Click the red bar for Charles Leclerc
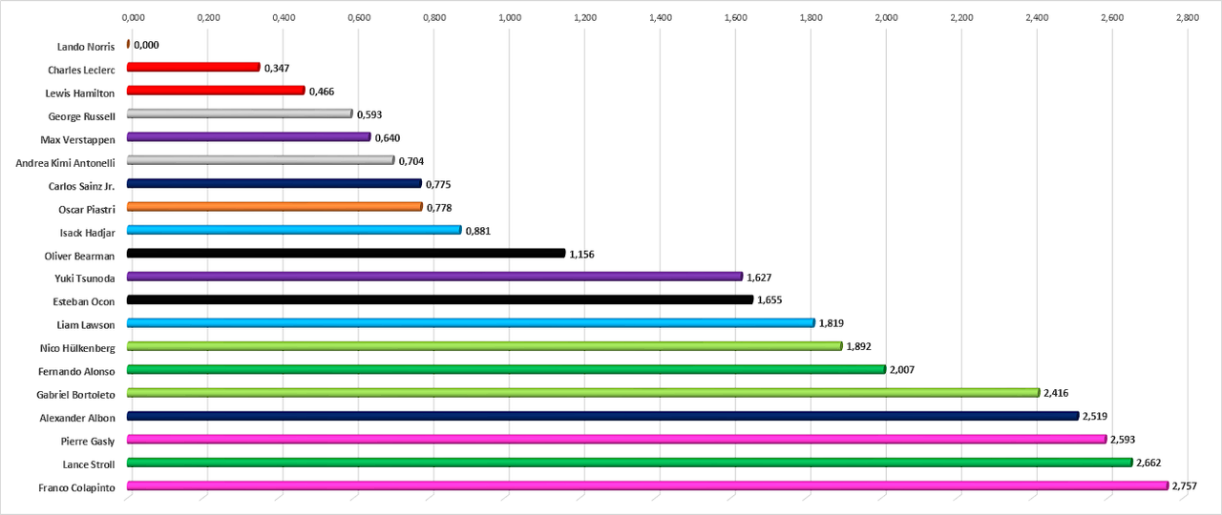point(193,67)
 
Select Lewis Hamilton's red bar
point(216,91)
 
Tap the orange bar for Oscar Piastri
point(274,206)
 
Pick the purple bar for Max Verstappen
point(248,137)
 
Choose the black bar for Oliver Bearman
point(346,253)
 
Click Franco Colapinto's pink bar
point(647,485)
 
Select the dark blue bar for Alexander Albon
point(602,416)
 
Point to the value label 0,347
point(277,68)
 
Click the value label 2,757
point(1185,486)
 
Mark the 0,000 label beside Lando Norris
point(146,45)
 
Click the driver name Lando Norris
point(86,46)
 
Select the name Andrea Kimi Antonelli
point(65,162)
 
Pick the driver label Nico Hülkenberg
point(77,348)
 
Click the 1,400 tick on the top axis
point(660,17)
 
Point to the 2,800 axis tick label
point(1187,17)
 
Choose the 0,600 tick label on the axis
point(358,17)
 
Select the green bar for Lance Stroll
point(629,463)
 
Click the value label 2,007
point(902,370)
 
